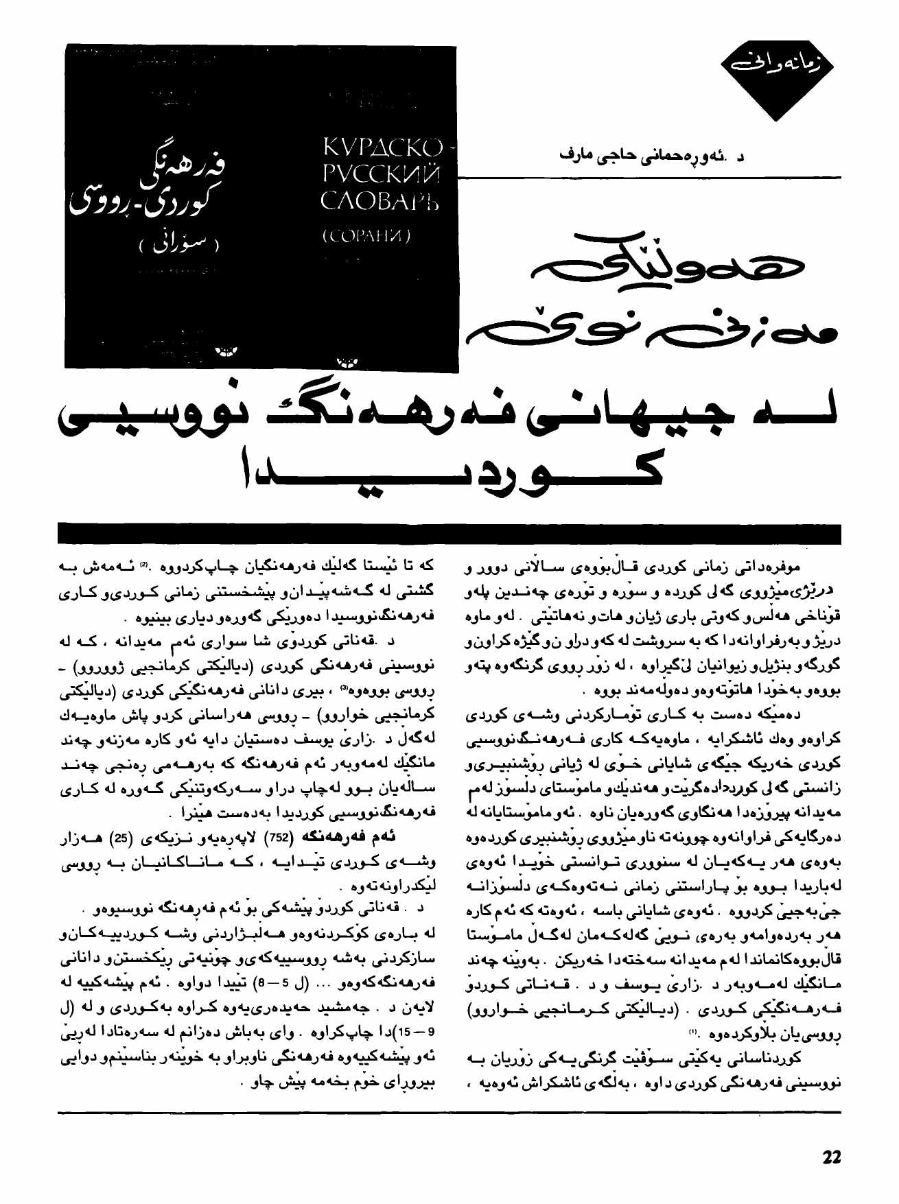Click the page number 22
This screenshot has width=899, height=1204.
(831, 1157)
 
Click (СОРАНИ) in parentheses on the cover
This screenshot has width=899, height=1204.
(366, 237)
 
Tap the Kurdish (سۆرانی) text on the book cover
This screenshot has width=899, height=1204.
(178, 244)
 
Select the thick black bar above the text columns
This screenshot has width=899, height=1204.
(449, 533)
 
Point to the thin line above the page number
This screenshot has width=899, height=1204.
(449, 1112)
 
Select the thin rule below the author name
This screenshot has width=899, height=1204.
(649, 178)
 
